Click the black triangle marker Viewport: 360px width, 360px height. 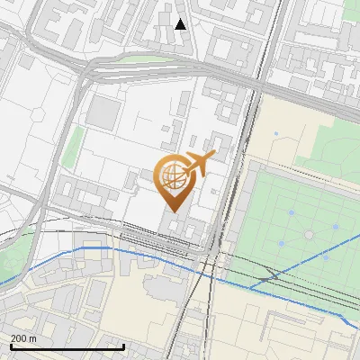pos(181,23)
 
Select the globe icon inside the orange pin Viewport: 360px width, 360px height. pos(171,175)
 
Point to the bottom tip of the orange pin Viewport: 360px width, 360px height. pos(171,211)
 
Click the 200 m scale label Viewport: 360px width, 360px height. pos(23,338)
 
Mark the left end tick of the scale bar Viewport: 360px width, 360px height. pos(11,346)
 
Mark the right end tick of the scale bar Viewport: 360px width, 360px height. pos(123,346)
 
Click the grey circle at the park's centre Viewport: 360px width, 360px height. pos(309,235)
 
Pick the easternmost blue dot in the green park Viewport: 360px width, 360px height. pos(336,226)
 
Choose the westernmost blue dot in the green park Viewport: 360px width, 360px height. pos(281,243)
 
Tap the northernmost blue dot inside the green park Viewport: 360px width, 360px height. pos(292,212)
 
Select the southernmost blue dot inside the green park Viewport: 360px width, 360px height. pos(325,256)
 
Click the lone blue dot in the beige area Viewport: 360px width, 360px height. pos(276,134)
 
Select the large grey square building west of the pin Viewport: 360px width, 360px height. pos(105,112)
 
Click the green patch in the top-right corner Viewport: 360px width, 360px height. pos(351,11)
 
